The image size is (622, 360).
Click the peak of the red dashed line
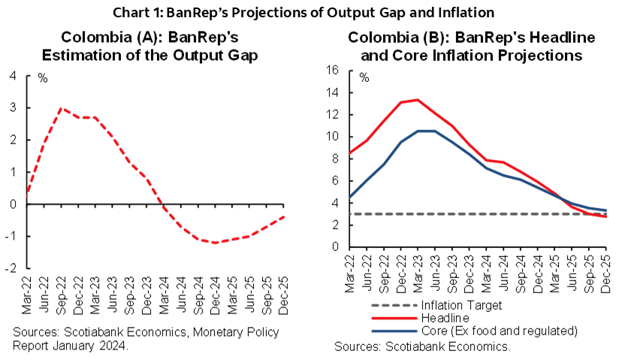[x=61, y=109]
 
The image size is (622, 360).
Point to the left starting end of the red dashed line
[x=27, y=195]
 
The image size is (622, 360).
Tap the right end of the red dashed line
[x=285, y=216]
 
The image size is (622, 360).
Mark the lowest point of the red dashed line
[x=215, y=243]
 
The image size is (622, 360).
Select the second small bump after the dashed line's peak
[x=94, y=117]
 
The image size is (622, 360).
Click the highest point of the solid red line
[x=417, y=99]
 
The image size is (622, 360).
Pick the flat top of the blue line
[x=426, y=131]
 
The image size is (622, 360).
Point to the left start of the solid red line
[x=350, y=154]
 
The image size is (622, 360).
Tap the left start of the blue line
[x=350, y=198]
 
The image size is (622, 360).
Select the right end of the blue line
[x=605, y=210]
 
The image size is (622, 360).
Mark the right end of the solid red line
[x=605, y=216]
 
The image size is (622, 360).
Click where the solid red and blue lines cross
[x=563, y=198]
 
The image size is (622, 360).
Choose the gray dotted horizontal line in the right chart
[x=466, y=213]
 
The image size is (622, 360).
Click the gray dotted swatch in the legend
[x=394, y=305]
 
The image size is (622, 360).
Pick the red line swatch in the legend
[x=394, y=318]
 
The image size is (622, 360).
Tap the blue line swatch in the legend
[x=394, y=331]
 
